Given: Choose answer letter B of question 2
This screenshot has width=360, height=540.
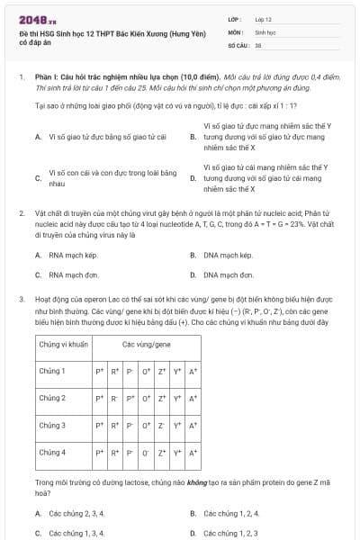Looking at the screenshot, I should tap(193, 255).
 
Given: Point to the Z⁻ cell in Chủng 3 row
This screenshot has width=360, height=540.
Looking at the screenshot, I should tap(161, 425).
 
